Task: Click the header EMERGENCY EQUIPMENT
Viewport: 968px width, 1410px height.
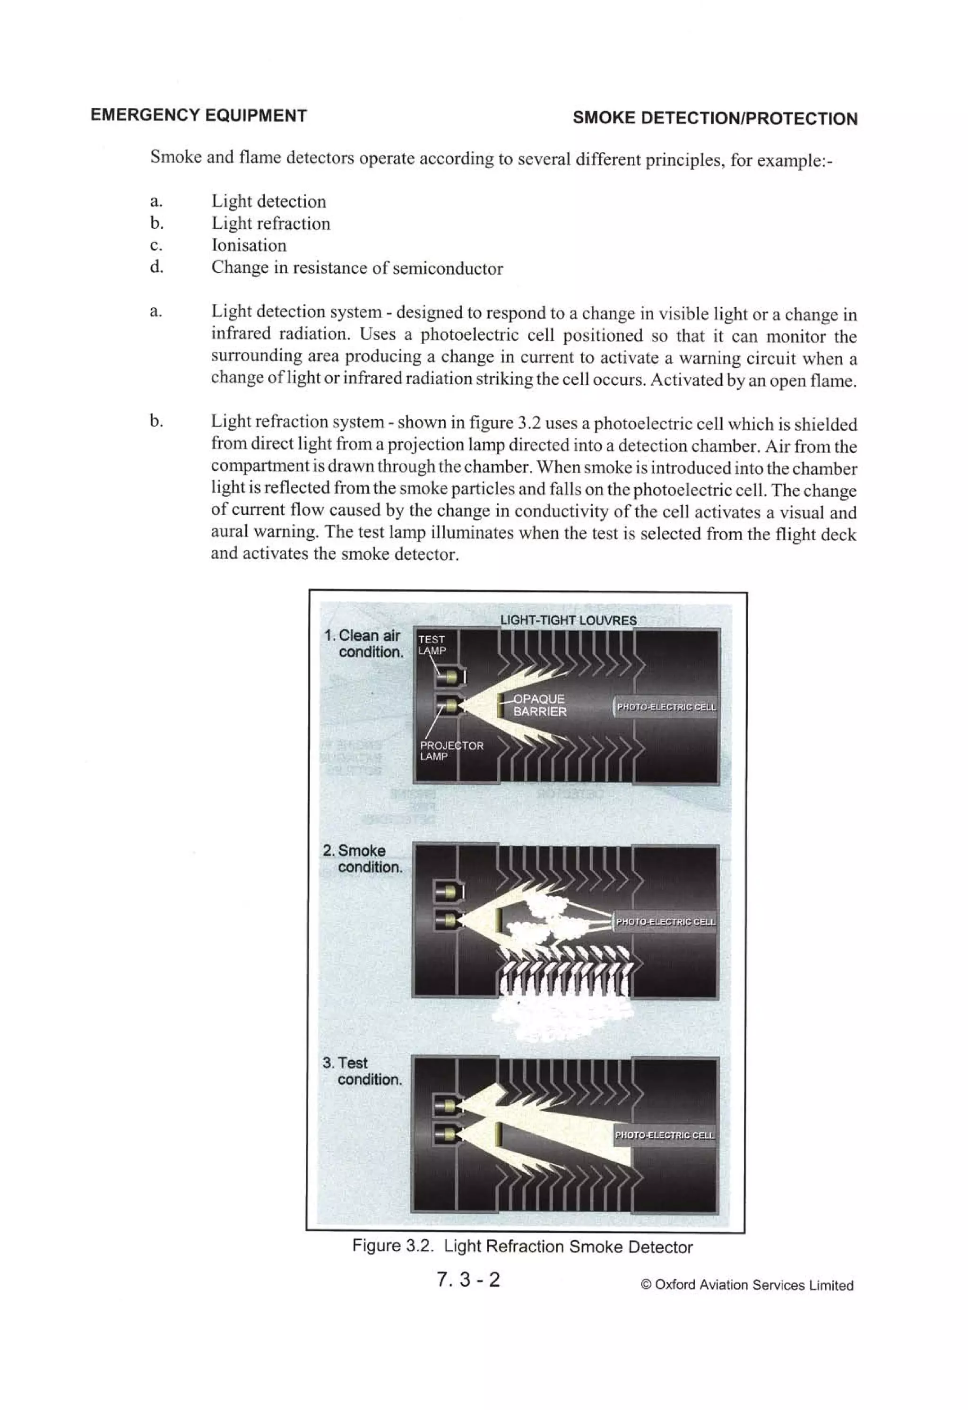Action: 199,115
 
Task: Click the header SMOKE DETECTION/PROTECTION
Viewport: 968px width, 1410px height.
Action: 715,118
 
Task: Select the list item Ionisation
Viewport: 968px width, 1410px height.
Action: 249,245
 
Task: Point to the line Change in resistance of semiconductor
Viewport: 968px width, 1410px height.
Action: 357,268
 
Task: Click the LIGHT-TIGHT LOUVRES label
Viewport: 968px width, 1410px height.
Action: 568,620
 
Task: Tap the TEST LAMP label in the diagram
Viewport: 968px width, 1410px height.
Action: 432,644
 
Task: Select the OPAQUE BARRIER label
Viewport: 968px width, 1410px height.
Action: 539,705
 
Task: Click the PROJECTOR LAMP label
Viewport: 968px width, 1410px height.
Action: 451,751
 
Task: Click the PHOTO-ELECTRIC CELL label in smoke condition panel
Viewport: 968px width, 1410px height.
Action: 665,922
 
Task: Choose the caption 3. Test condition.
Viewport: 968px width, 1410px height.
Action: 363,1071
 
